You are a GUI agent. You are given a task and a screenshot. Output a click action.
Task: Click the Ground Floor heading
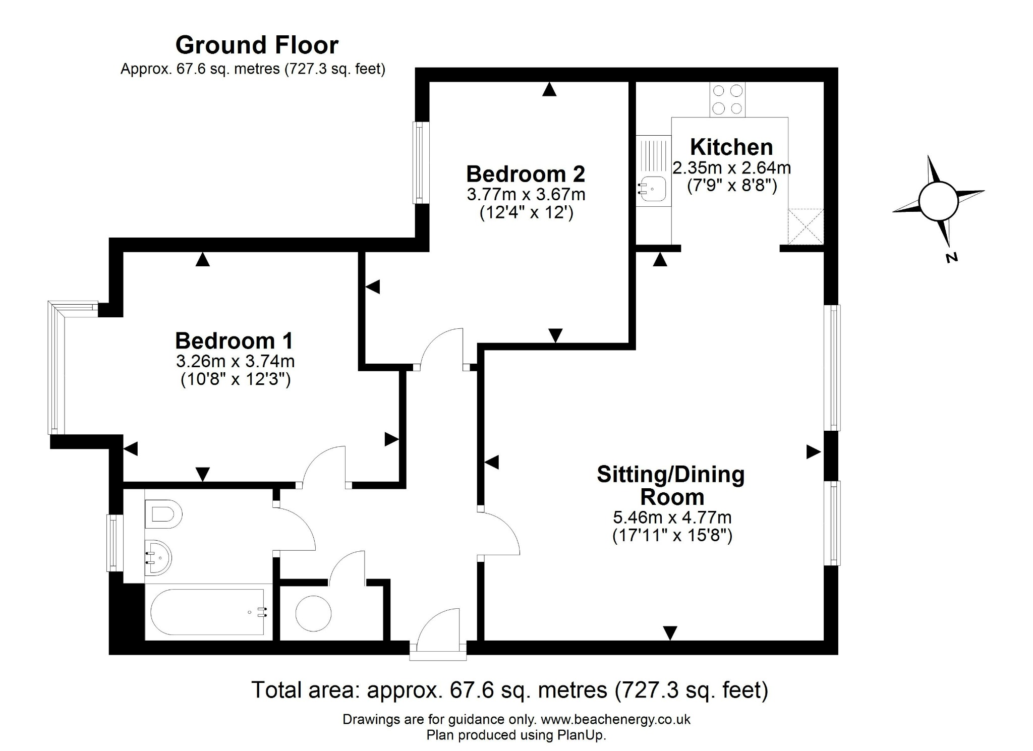[257, 45]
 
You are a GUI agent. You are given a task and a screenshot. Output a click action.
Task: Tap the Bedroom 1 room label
[234, 341]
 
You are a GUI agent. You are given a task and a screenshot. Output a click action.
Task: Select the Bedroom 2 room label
[525, 174]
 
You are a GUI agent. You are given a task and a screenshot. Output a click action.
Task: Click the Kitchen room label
[731, 147]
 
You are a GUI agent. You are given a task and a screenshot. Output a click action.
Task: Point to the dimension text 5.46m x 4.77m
[672, 517]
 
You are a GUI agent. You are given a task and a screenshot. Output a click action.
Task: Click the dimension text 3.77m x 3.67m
[526, 194]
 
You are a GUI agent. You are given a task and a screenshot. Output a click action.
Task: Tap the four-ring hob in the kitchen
[727, 99]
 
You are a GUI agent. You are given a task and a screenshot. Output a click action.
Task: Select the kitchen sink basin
[652, 189]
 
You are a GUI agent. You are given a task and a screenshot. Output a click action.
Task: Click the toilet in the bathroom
[163, 514]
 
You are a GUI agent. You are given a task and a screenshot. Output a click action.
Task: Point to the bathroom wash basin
[158, 558]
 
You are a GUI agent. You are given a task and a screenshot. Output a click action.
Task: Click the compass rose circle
[938, 201]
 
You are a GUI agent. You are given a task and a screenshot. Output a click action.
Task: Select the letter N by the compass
[951, 258]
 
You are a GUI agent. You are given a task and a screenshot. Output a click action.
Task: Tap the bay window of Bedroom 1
[56, 368]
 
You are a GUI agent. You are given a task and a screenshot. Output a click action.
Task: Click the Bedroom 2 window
[419, 162]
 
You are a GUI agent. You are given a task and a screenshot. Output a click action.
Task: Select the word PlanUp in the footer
[580, 735]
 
